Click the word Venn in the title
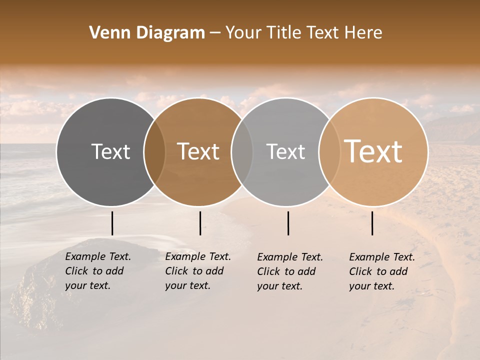click(x=105, y=33)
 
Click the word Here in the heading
click(x=363, y=33)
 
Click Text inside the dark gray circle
click(x=110, y=151)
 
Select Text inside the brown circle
click(x=198, y=151)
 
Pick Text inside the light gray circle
click(x=285, y=151)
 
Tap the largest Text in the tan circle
click(x=373, y=151)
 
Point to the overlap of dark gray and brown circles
click(x=154, y=152)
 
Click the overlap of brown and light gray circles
click(x=242, y=152)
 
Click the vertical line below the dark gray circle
click(x=112, y=223)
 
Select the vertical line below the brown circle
click(x=200, y=223)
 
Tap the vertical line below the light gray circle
click(x=288, y=223)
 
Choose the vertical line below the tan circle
click(x=372, y=223)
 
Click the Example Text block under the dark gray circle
click(x=98, y=271)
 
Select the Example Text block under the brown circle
click(x=198, y=271)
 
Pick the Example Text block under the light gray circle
click(x=290, y=271)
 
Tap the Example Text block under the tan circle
click(x=382, y=271)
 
